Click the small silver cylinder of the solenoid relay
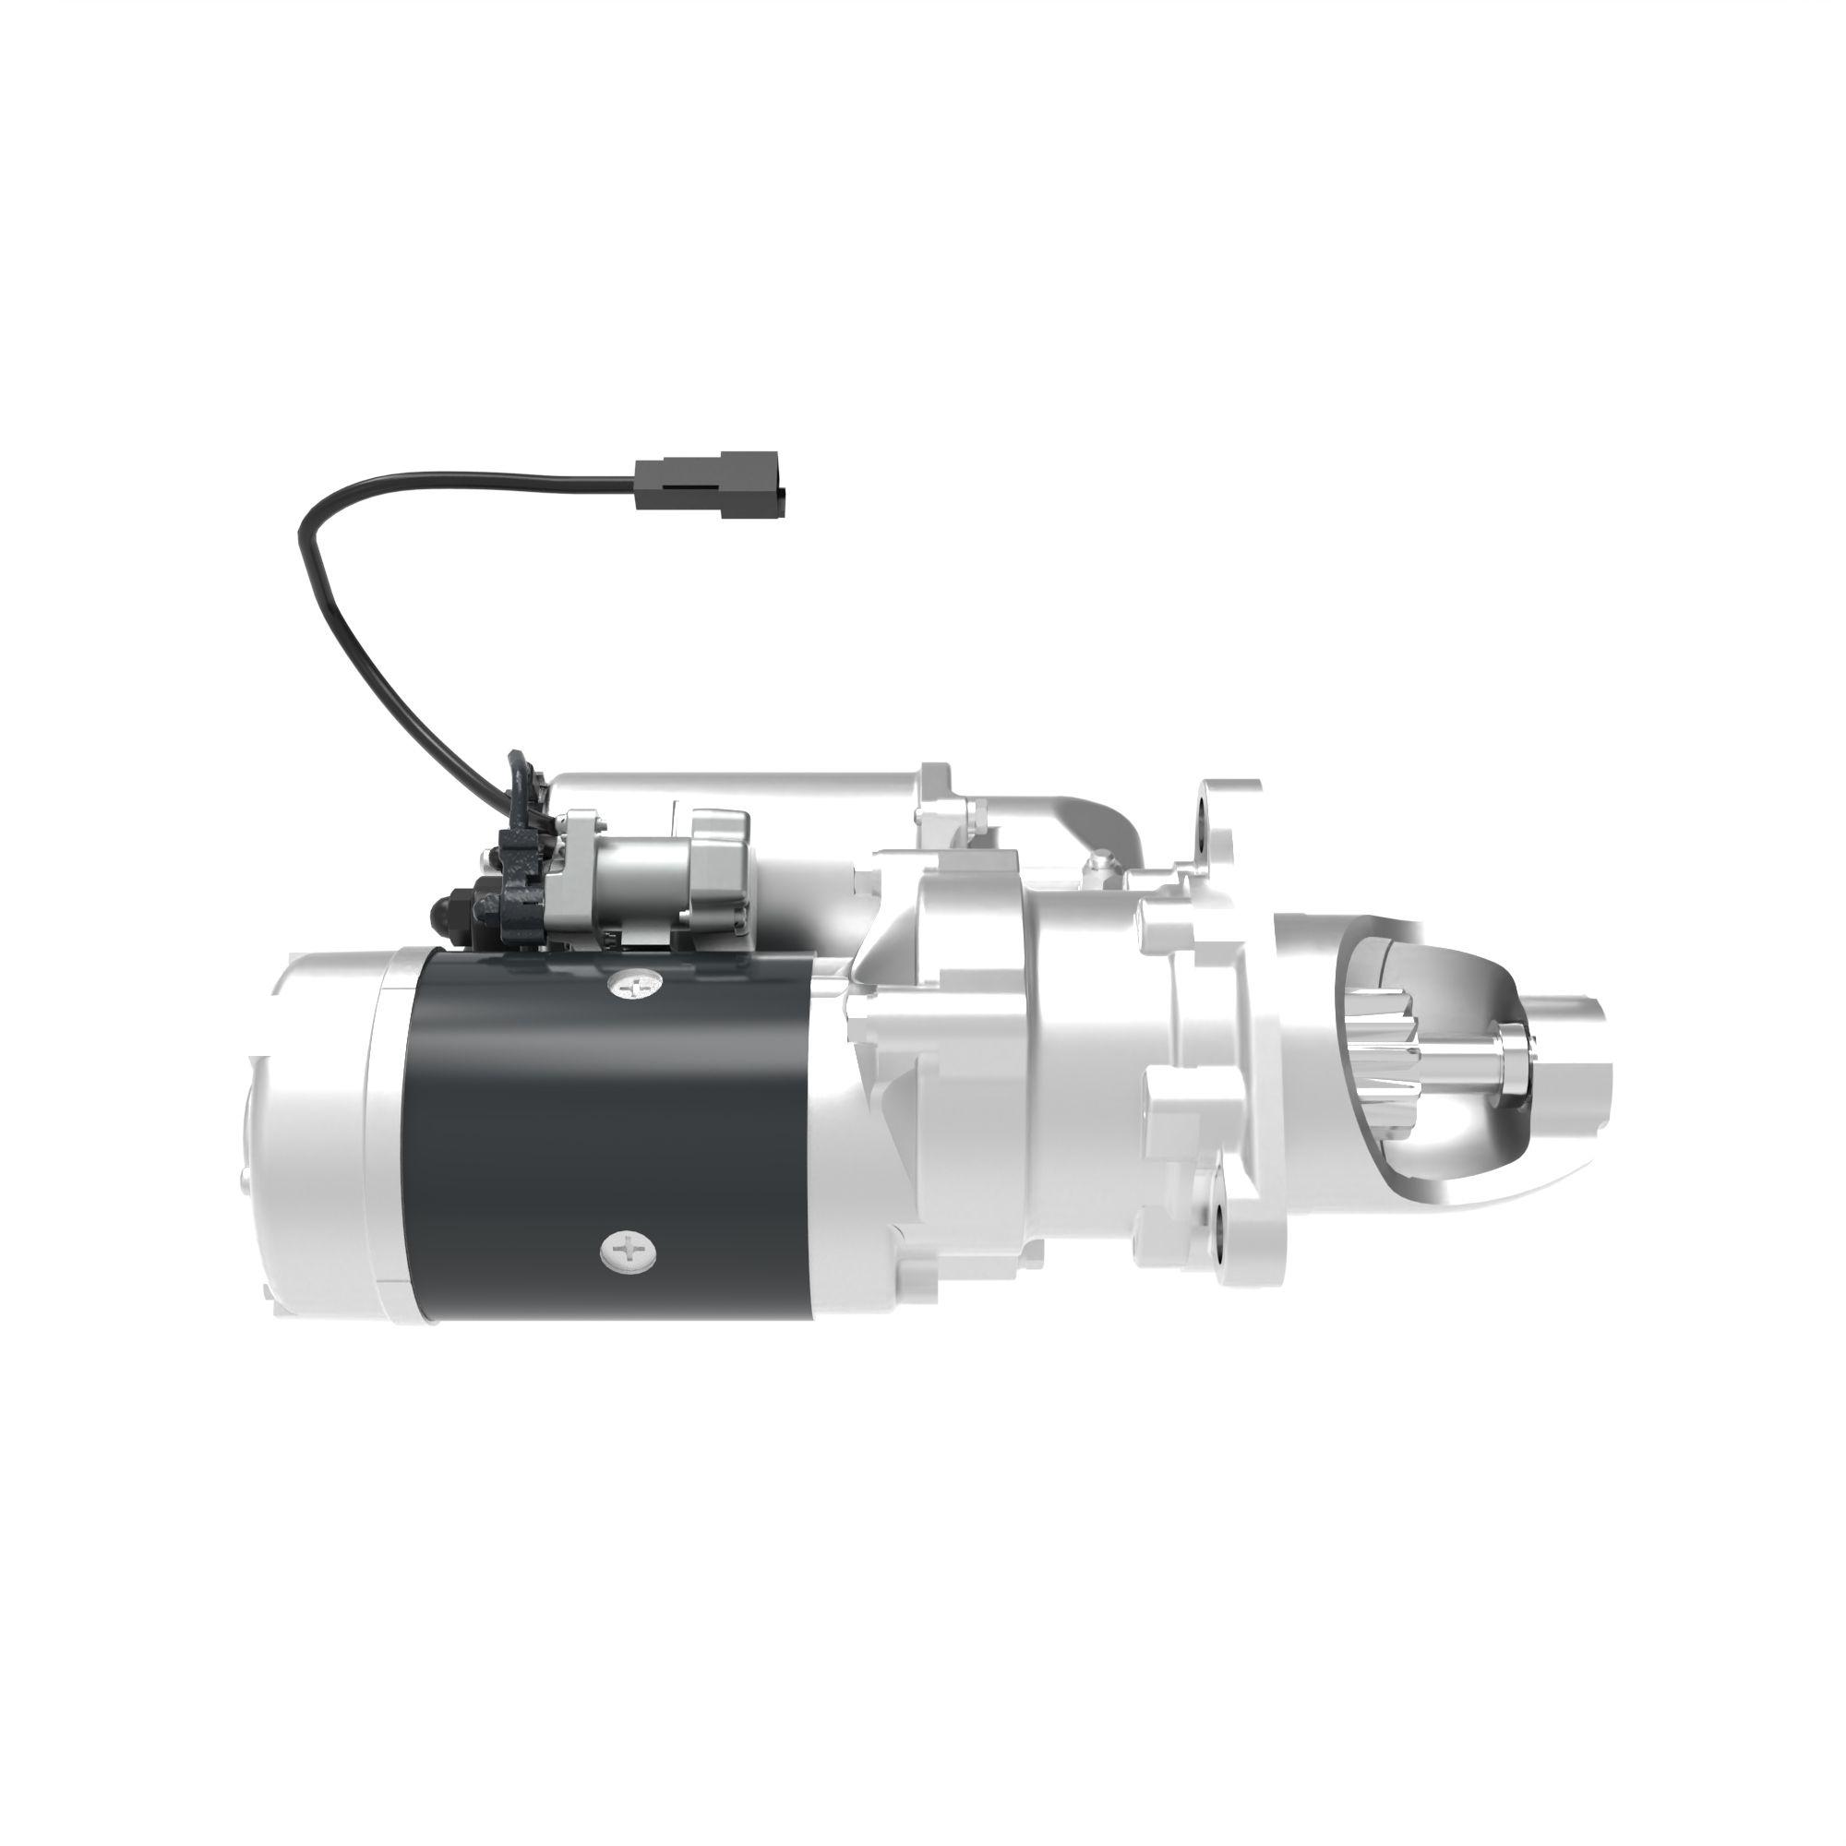[x=635, y=874]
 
